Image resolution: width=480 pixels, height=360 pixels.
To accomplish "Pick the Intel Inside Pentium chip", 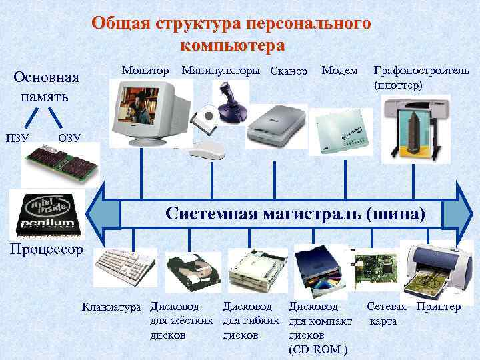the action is pos(48,213).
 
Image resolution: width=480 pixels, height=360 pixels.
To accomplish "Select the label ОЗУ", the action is pos(69,137).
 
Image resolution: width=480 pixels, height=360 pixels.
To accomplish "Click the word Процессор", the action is pos(43,249).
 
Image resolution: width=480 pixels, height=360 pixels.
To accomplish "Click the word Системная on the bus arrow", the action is pos(213,214).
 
